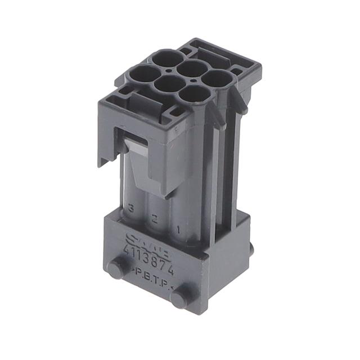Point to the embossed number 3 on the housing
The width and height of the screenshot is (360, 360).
pyautogui.click(x=131, y=208)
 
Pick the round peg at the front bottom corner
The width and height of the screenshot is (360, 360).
pyautogui.click(x=179, y=299)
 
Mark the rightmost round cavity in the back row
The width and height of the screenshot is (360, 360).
pyautogui.click(x=218, y=78)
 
